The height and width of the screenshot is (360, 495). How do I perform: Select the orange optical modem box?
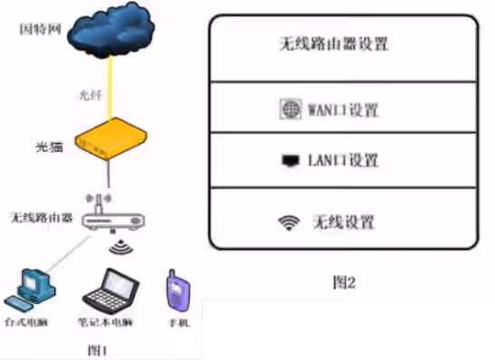coord(108,144)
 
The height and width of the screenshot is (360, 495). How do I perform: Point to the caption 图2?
coord(344,283)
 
